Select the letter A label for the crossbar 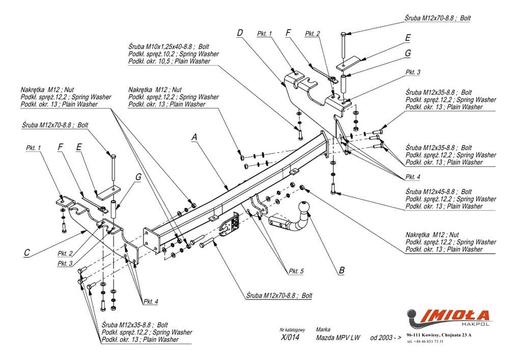click(x=194, y=136)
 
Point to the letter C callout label click(x=26, y=251)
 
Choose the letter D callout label click(x=240, y=34)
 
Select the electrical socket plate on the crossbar click(x=230, y=225)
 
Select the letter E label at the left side click(x=79, y=147)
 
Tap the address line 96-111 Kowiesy click(x=439, y=335)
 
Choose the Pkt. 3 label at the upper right click(x=413, y=72)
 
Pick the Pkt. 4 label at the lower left click(x=150, y=301)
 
